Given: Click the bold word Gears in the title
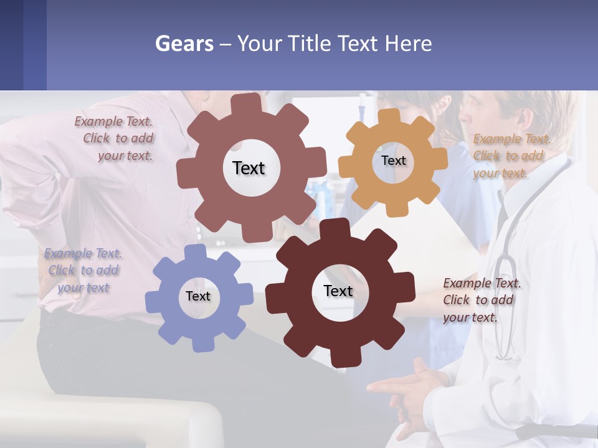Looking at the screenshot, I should (x=184, y=44).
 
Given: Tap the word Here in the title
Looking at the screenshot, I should (x=409, y=44).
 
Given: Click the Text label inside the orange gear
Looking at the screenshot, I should (x=394, y=161).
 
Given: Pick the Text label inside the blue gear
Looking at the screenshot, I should (x=198, y=297).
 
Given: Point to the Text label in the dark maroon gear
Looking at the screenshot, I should (x=338, y=291).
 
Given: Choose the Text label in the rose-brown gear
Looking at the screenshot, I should (x=249, y=168).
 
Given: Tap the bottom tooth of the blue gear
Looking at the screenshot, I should (x=201, y=343).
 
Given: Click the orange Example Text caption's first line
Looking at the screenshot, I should (x=512, y=139).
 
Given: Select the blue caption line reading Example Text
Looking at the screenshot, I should (x=83, y=253).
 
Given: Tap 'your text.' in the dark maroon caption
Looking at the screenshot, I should (x=470, y=317).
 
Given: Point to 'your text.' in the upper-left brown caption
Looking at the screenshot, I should (x=125, y=156).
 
